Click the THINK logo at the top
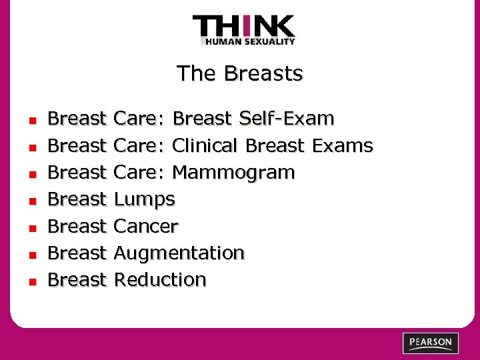tap(243, 27)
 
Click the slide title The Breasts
tap(239, 73)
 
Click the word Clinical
tap(205, 146)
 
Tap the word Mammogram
tap(233, 173)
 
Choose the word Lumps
tap(144, 199)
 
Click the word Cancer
tap(146, 226)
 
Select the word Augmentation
tap(179, 253)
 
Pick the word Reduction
tap(160, 279)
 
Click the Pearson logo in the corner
tap(431, 343)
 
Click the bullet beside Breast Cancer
tap(31, 227)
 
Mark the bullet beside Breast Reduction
tap(31, 281)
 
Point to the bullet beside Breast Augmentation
tap(31, 254)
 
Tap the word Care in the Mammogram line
tap(137, 173)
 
